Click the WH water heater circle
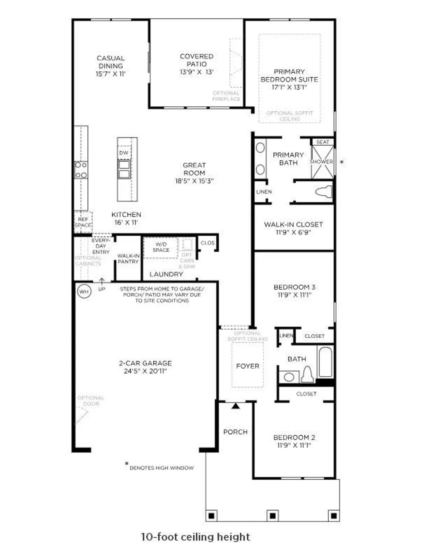pos(84,292)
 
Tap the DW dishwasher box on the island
pos(124,153)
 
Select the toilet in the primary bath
pos(324,192)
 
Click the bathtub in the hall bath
pos(325,362)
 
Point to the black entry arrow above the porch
pos(236,406)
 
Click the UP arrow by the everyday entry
pos(102,282)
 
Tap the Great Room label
pos(194,169)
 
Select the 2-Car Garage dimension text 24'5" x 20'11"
pos(145,371)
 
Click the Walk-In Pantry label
pos(128,258)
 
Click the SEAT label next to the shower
pos(323,142)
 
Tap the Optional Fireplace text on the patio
pos(226,96)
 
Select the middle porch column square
pos(272,515)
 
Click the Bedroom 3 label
pos(294,287)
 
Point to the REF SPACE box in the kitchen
pos(83,222)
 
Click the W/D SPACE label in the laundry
pos(161,247)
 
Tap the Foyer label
pos(247,366)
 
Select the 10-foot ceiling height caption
pos(195,536)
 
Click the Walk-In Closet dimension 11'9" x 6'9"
pos(293,232)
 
